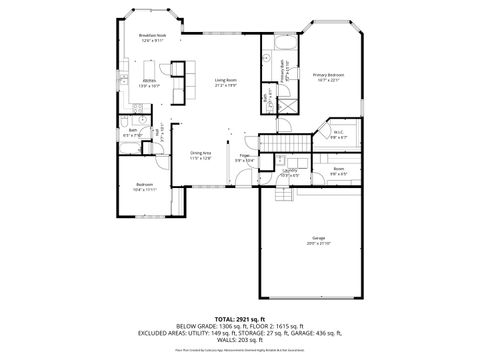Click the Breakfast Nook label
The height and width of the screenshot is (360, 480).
tap(152, 38)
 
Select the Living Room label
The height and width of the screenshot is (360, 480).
tap(224, 82)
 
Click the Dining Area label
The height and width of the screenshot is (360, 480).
tap(201, 155)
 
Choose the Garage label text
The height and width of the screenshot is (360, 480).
tap(317, 239)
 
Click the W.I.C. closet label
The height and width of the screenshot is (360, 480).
tap(338, 134)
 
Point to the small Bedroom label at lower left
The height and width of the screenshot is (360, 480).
tap(145, 187)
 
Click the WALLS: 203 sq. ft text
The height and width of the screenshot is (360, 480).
tap(240, 343)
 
